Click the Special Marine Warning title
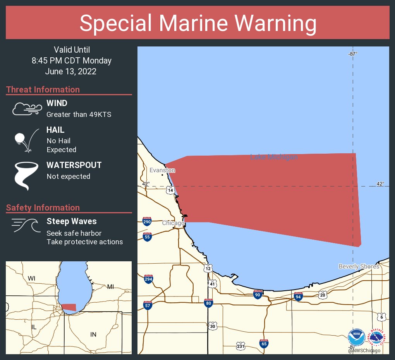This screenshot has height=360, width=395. click(x=197, y=23)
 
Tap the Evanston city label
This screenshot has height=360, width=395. click(x=162, y=170)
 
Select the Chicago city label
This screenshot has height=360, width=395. click(x=173, y=223)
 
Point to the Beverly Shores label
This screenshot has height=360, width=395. click(x=359, y=266)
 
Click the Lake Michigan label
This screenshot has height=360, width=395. click(x=274, y=157)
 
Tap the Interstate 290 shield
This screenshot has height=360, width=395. click(x=147, y=221)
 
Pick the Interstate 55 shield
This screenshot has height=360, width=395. click(x=147, y=237)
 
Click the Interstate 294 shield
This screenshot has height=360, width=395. click(x=148, y=279)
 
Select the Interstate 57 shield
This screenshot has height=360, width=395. click(x=147, y=305)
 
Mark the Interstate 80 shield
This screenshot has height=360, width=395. click(x=208, y=303)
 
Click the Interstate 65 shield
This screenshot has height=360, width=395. click(x=264, y=343)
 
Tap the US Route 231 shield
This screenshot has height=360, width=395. click(x=240, y=345)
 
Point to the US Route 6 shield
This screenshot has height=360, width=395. click(x=381, y=317)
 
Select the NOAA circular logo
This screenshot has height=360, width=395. click(x=356, y=338)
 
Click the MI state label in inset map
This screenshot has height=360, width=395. click(x=110, y=287)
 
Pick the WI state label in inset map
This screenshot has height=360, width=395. click(x=31, y=278)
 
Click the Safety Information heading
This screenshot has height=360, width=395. click(x=43, y=207)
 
